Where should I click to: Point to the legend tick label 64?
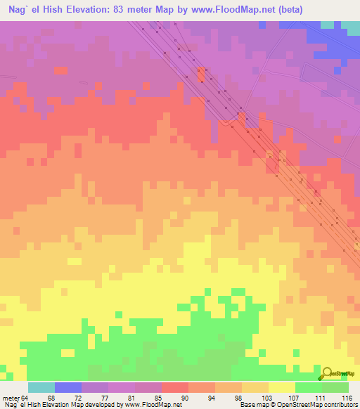coord(25,398)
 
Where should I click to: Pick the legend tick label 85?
coord(158,398)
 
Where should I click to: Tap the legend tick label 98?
coord(239,398)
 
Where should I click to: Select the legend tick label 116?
coord(346,398)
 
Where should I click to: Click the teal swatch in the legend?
coord(41,387)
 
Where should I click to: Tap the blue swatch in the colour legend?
coord(68,387)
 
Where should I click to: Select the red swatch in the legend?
coord(175,387)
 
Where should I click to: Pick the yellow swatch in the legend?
coord(282,387)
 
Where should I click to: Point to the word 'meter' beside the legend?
coord(9,398)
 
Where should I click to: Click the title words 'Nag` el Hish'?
coord(34,10)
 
